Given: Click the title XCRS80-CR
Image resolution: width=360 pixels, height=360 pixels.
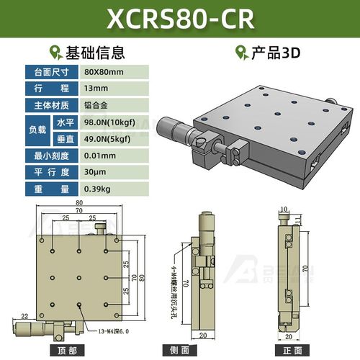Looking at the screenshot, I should click(x=180, y=19).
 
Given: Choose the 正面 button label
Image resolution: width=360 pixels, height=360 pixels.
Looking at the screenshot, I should click(x=291, y=351).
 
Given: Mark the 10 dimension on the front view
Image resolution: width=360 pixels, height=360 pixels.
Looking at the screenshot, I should click(x=286, y=210).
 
